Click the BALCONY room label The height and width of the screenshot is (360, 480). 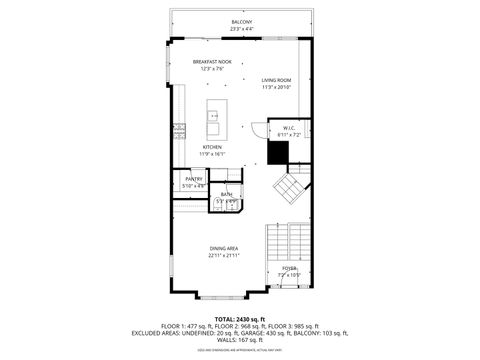point(241,21)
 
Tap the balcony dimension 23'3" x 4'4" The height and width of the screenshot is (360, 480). point(241,28)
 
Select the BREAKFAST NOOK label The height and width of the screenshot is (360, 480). point(212,62)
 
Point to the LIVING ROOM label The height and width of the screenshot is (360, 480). point(276,79)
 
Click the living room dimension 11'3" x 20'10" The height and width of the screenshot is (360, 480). point(276,87)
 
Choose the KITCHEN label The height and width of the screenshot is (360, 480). point(212,147)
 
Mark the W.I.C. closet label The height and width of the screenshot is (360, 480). point(287,127)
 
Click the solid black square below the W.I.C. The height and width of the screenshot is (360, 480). point(277,151)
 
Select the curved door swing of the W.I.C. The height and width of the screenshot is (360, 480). point(256,128)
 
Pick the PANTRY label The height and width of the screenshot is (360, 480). point(193,179)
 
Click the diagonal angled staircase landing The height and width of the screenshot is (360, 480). point(291,187)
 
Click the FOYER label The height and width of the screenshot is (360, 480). point(288,267)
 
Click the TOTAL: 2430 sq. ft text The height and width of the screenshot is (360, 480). point(240,318)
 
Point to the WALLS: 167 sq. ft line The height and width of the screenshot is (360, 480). point(240,340)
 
